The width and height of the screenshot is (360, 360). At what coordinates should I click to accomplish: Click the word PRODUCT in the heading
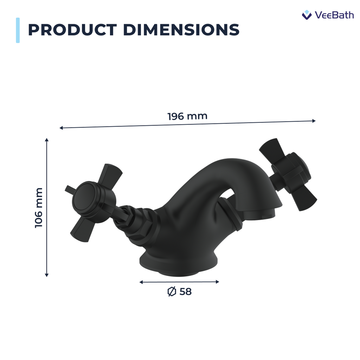72,30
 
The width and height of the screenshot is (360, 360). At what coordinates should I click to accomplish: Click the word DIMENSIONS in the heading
181,30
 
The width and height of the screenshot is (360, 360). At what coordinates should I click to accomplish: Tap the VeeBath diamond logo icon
307,15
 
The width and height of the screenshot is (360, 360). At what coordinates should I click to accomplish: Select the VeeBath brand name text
334,15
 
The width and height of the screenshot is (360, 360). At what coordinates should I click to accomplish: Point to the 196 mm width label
187,116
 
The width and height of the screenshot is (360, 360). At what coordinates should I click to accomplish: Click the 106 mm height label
39,207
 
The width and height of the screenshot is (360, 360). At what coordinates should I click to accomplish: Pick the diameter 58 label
180,292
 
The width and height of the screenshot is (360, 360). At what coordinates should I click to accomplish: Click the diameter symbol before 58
172,292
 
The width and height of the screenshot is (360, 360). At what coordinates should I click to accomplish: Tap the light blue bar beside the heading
18,30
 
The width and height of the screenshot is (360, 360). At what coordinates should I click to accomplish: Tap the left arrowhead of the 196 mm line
61,128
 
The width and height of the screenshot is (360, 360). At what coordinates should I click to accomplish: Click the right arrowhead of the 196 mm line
314,121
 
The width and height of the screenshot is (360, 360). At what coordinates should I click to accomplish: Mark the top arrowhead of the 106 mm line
47,140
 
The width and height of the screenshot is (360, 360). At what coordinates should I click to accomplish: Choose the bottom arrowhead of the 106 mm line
47,275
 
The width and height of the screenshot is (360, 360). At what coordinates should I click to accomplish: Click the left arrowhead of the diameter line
141,282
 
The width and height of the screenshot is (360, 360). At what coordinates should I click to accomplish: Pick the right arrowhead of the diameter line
218,282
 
